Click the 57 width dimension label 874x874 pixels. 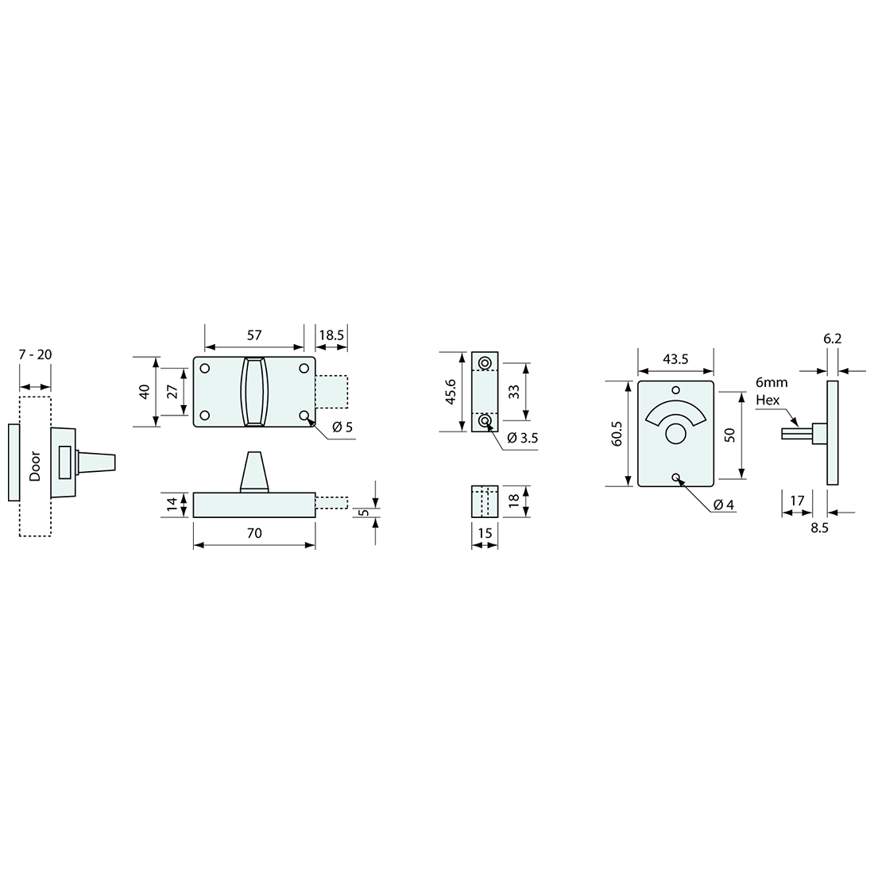click(254, 335)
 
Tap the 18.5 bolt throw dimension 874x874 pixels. click(331, 335)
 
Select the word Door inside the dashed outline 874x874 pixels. click(35, 466)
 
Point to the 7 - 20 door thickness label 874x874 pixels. click(35, 354)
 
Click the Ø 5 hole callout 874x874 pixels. click(342, 427)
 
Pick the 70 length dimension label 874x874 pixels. click(254, 533)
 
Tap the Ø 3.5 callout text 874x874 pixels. click(523, 438)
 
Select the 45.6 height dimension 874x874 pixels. click(451, 391)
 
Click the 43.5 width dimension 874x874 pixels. click(675, 359)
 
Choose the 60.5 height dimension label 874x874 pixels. click(617, 434)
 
